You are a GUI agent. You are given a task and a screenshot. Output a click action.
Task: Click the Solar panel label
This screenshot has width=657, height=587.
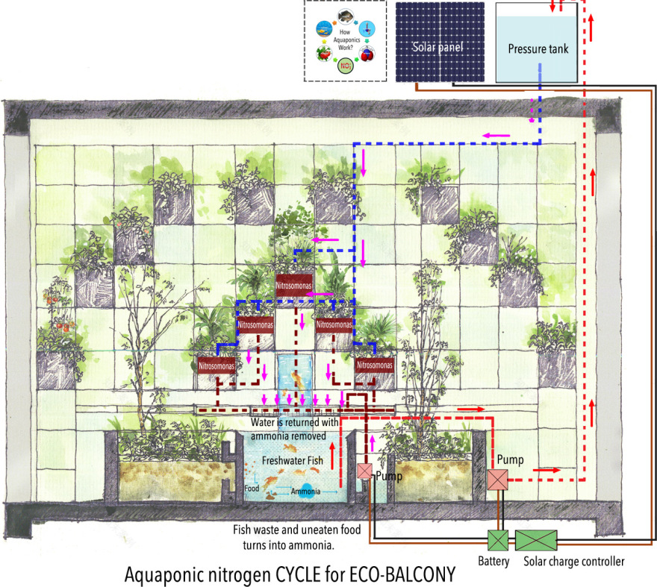[x=438, y=48]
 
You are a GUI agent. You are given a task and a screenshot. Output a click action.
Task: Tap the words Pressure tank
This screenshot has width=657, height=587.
[x=538, y=50]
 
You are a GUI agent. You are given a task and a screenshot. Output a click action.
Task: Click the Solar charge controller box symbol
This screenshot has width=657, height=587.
[x=535, y=540]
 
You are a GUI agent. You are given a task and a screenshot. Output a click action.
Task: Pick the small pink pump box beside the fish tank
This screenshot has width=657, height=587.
[x=364, y=471]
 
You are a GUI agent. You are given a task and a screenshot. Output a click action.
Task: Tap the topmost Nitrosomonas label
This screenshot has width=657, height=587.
[x=294, y=285]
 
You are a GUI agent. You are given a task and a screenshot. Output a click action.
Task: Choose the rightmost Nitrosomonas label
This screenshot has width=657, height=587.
[x=374, y=366]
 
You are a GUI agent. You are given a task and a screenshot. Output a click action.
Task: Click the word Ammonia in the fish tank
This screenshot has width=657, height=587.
[x=306, y=492]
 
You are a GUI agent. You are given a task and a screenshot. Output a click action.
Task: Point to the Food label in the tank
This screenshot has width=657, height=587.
[x=252, y=489]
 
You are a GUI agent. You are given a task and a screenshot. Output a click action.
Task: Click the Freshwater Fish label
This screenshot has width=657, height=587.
[x=293, y=461]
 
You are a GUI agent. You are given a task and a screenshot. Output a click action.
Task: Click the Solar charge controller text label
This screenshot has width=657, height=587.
[x=573, y=562]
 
